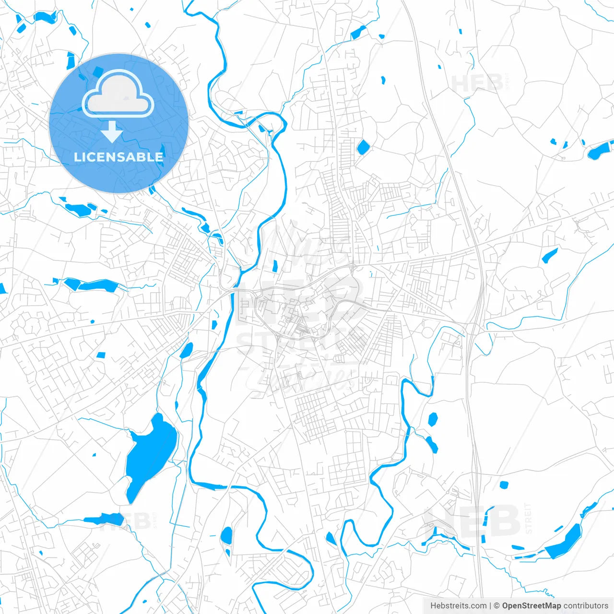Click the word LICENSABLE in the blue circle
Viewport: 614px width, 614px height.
click(118, 157)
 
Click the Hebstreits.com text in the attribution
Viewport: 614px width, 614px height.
click(458, 606)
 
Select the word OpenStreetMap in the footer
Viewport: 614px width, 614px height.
click(531, 606)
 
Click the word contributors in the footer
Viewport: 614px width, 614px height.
click(586, 606)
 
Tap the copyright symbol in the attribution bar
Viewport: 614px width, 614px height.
click(497, 606)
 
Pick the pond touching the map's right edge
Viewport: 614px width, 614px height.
click(600, 152)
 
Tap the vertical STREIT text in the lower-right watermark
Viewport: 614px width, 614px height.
click(529, 518)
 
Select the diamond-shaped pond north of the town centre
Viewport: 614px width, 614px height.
click(363, 147)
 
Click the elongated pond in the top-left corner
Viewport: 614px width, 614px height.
click(45, 18)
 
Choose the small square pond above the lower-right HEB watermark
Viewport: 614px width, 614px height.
click(503, 485)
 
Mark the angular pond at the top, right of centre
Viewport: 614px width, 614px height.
click(358, 33)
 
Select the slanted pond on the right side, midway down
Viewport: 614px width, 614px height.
click(550, 255)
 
